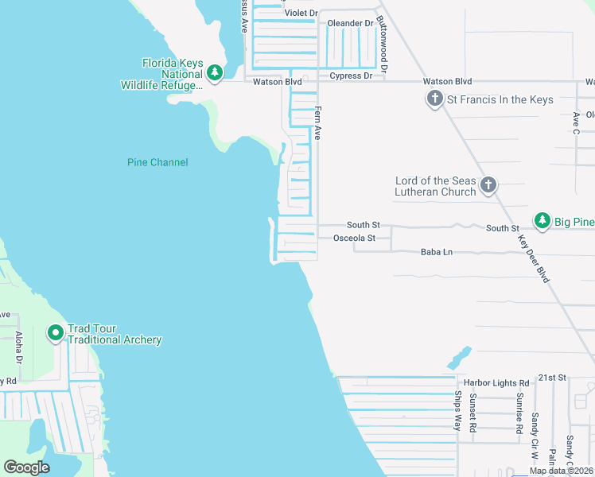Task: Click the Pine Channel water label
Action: (x=157, y=162)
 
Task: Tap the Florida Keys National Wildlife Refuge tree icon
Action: (x=214, y=73)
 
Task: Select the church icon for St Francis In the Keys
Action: (x=434, y=99)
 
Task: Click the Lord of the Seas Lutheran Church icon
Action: (x=488, y=186)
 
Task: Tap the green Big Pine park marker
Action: (x=542, y=220)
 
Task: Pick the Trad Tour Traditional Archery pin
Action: (x=56, y=333)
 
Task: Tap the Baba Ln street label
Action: (x=436, y=252)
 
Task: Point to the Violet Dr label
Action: (x=301, y=14)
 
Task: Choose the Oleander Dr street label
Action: (x=350, y=24)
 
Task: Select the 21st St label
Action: (x=551, y=377)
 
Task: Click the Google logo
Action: (x=26, y=467)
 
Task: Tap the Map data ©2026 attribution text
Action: (x=561, y=471)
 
